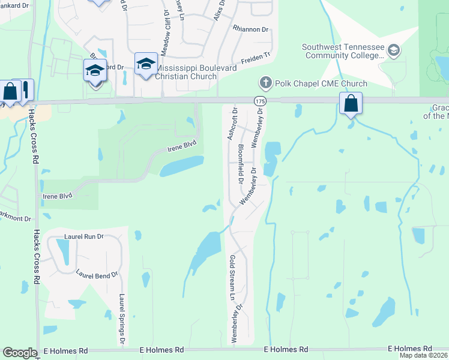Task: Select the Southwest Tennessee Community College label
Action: click(343, 51)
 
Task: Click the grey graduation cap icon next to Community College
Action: click(394, 50)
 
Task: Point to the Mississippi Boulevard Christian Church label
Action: click(194, 72)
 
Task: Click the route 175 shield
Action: click(259, 101)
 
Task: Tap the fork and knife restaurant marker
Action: click(26, 90)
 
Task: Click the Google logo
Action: click(20, 353)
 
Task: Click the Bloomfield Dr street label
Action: click(241, 163)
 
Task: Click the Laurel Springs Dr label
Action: click(122, 318)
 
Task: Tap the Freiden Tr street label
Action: click(255, 58)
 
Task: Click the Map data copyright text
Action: click(424, 355)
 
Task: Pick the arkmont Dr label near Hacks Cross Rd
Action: click(16, 219)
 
